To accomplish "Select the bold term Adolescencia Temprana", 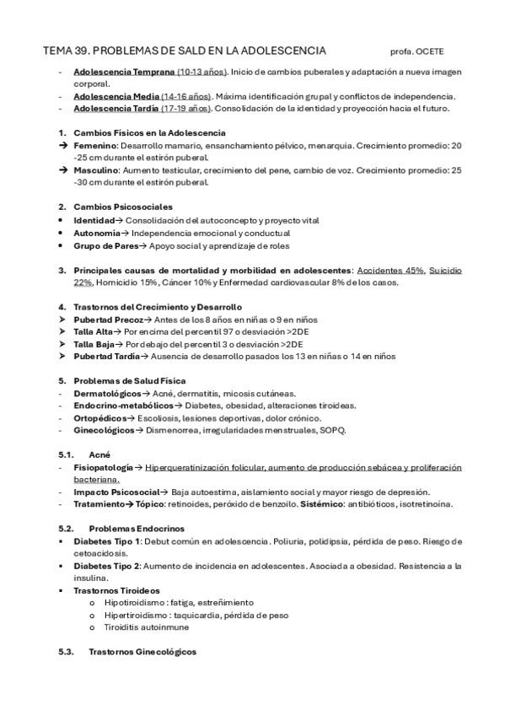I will click(x=124, y=73).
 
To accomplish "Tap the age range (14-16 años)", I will click(x=190, y=96).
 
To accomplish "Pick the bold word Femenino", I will click(x=94, y=146).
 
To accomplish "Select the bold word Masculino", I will click(x=96, y=169).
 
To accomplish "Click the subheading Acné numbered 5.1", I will click(x=99, y=454).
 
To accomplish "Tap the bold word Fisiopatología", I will click(x=104, y=467).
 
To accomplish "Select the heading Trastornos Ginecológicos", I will click(x=142, y=653).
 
